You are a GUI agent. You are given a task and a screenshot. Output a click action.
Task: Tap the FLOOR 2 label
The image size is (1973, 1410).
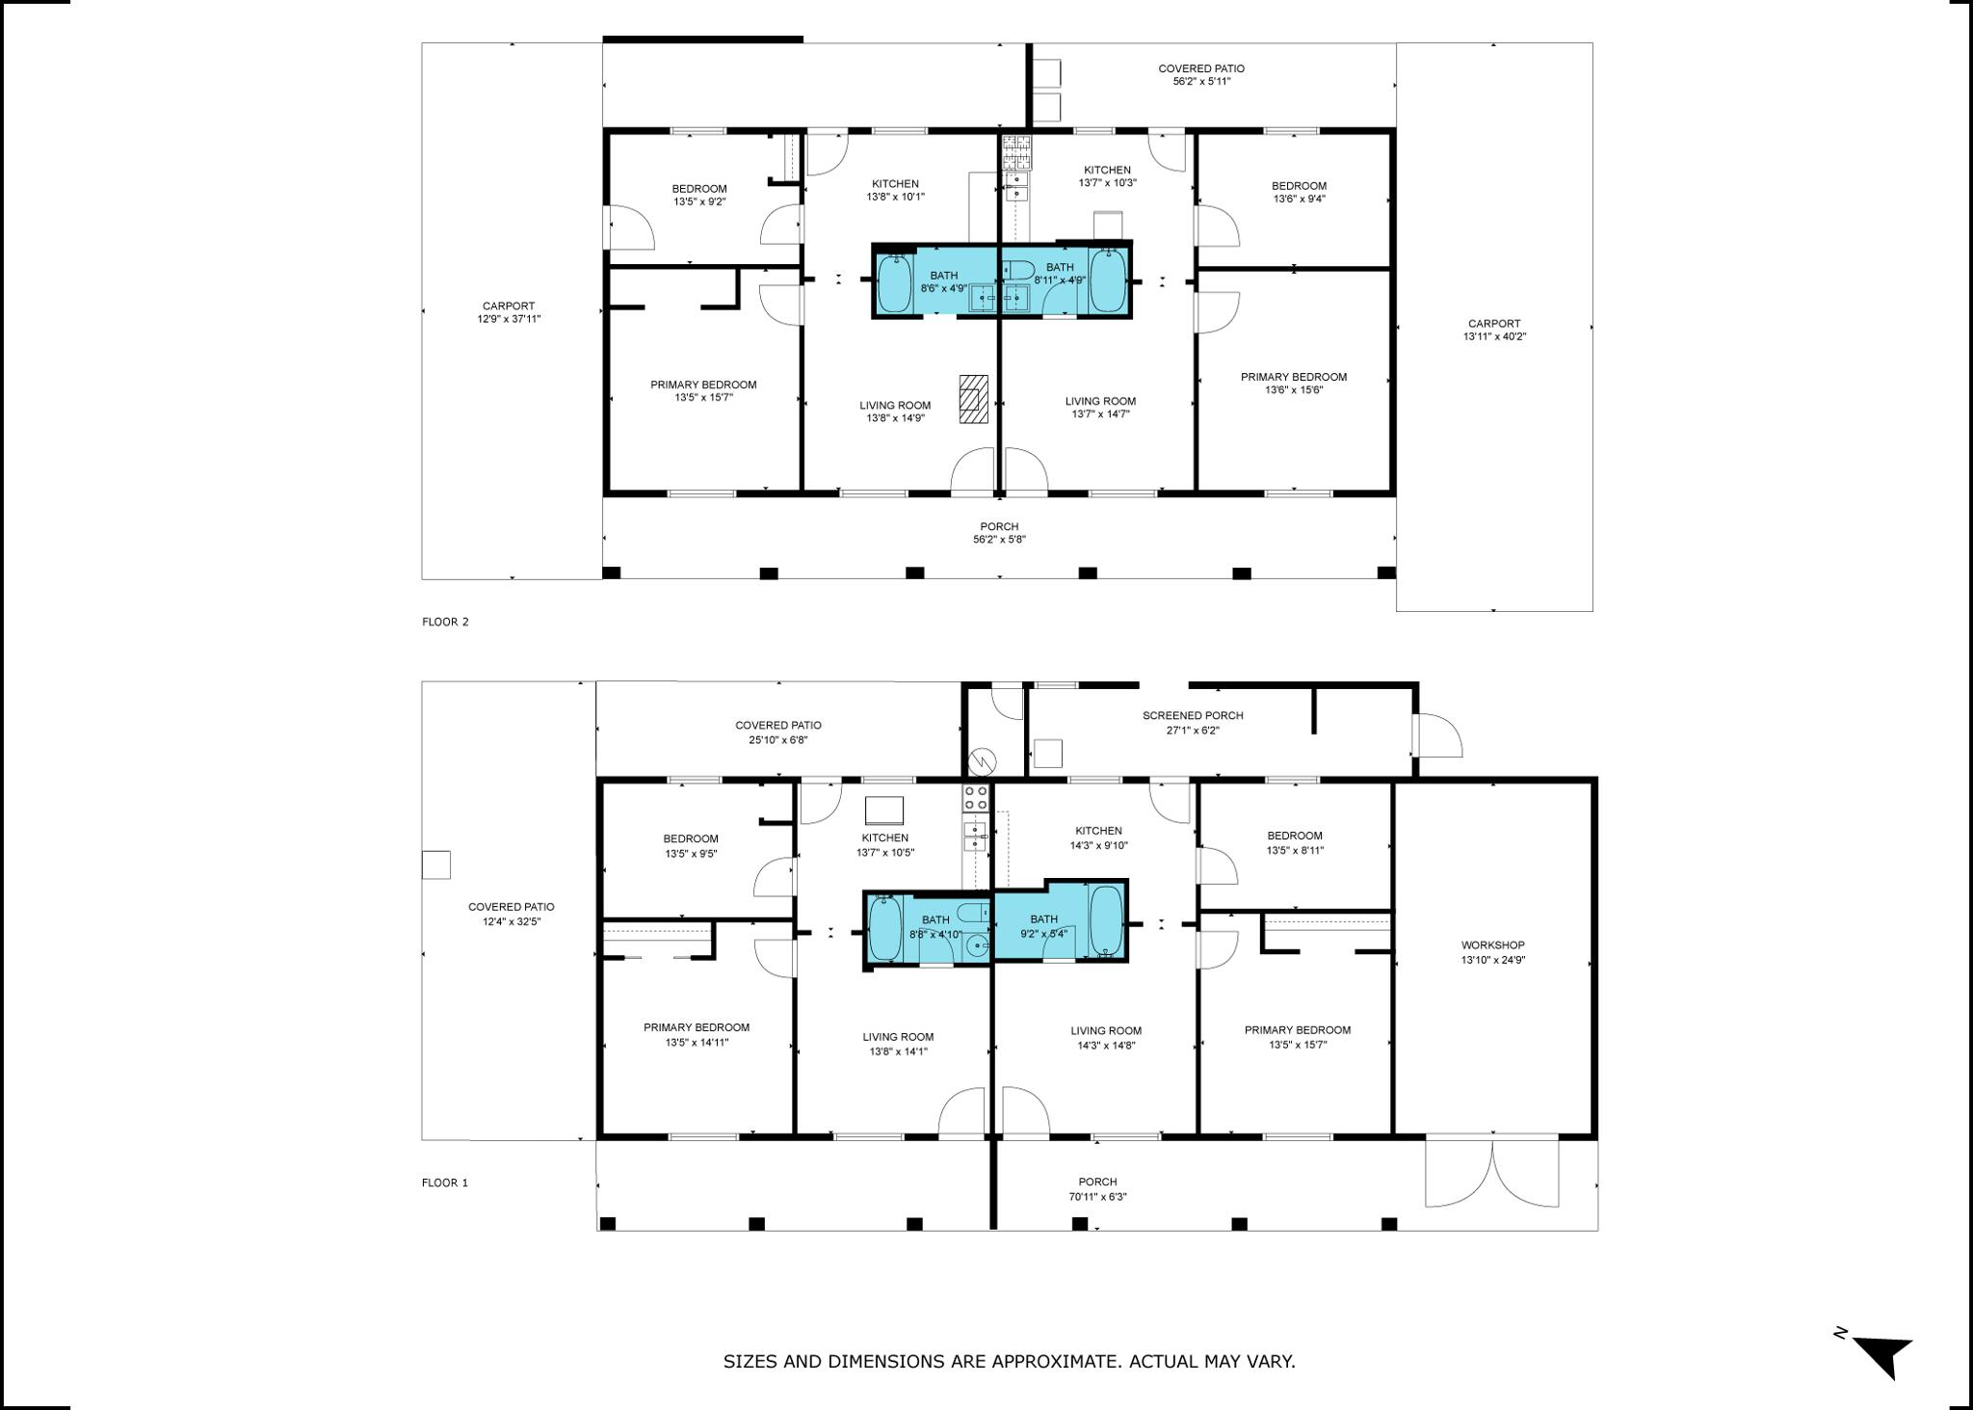445,622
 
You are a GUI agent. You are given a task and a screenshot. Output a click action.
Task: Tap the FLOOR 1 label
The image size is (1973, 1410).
445,1183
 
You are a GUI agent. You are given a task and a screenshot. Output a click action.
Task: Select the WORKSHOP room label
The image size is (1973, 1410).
1492,945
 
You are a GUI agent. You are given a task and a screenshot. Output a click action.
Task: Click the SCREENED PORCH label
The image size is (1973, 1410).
1193,716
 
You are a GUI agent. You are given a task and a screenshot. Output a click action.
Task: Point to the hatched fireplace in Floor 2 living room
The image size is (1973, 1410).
973,399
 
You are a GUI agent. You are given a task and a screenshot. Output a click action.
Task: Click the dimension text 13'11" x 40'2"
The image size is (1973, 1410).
1494,337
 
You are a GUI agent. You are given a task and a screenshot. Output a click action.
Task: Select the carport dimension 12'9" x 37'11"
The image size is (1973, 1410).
509,319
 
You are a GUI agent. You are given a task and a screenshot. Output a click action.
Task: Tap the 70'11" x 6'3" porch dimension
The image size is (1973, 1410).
1097,1197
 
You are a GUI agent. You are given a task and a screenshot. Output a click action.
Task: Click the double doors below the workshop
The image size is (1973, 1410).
1491,1174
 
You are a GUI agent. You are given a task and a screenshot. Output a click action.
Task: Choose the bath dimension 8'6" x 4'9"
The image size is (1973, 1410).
944,288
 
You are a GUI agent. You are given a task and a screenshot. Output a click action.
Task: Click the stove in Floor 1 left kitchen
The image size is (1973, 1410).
976,797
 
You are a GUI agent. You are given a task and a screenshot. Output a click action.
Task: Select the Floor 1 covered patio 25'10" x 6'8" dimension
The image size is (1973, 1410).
777,740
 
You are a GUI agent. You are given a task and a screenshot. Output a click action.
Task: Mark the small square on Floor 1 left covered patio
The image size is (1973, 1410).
436,865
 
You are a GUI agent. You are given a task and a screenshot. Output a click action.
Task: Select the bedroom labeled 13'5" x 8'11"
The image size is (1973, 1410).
1295,843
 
